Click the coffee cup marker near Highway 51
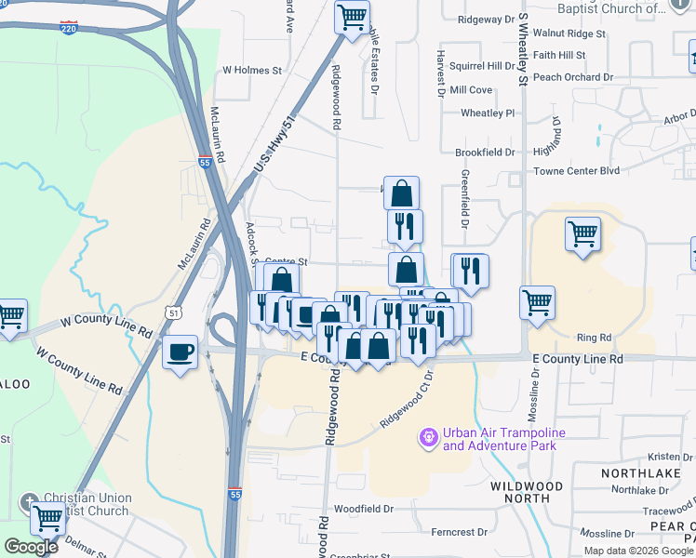pyautogui.click(x=181, y=352)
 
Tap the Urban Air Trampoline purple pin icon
pyautogui.click(x=428, y=435)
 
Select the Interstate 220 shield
pyautogui.click(x=68, y=28)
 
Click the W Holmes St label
pyautogui.click(x=251, y=70)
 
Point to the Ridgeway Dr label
pyautogui.click(x=484, y=19)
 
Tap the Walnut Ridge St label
pyautogui.click(x=569, y=33)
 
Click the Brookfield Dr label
pyautogui.click(x=485, y=152)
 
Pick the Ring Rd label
pyautogui.click(x=594, y=338)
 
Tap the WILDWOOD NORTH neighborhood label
pyautogui.click(x=527, y=492)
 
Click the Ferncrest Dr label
pyautogui.click(x=460, y=532)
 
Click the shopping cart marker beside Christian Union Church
pyautogui.click(x=47, y=516)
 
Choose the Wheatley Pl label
pyautogui.click(x=488, y=113)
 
